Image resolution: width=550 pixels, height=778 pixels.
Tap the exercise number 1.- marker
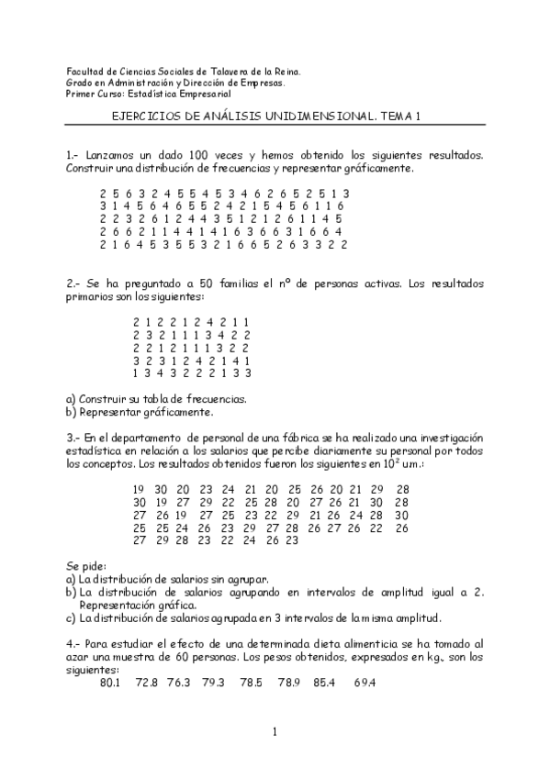[x=73, y=156]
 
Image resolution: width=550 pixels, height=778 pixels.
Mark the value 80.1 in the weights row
[x=110, y=683]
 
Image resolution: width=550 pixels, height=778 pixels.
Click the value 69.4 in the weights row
[x=365, y=683]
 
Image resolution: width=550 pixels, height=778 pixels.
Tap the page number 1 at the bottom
[x=275, y=731]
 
